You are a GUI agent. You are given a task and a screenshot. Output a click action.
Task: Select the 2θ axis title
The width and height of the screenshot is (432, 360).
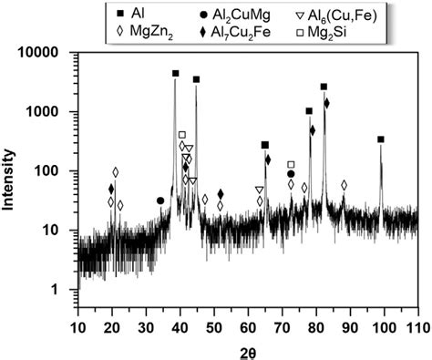click(x=247, y=349)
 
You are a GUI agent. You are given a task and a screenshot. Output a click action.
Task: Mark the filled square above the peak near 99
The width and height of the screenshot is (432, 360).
click(x=381, y=139)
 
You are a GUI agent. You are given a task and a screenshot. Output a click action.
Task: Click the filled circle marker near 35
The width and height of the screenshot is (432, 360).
click(x=160, y=201)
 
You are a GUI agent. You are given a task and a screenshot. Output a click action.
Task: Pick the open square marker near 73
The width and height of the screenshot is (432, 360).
click(x=291, y=165)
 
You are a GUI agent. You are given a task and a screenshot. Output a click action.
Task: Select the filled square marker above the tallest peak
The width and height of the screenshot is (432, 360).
click(x=175, y=74)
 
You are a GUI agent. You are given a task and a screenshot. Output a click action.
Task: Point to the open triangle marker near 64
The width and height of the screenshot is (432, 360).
click(x=260, y=190)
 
